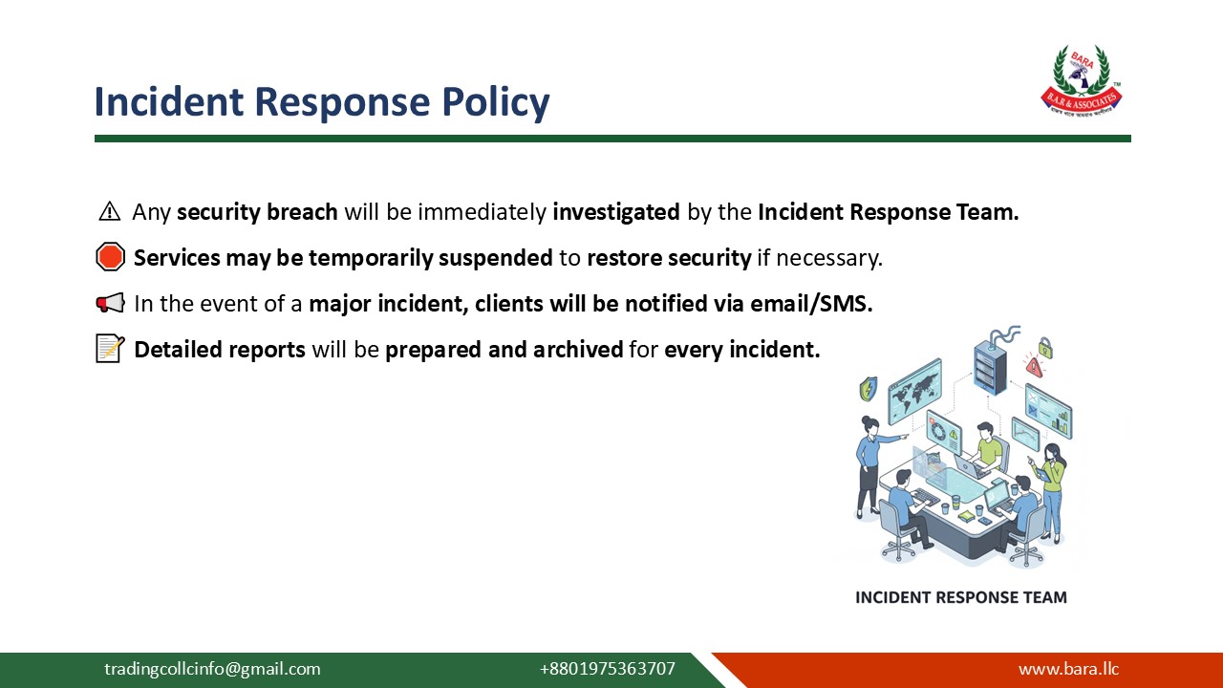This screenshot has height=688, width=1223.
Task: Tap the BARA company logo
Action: [1081, 81]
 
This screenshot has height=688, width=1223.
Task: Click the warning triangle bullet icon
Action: [110, 212]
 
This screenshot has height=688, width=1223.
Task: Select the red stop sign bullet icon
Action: [111, 257]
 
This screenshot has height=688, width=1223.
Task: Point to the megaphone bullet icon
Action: [111, 304]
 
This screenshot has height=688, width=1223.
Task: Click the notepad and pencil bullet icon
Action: [111, 349]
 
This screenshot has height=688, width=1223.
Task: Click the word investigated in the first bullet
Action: [616, 212]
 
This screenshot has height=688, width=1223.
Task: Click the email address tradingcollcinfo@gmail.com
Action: [212, 669]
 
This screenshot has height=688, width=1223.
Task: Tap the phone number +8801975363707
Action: [607, 669]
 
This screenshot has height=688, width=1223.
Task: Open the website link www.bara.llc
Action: [1068, 669]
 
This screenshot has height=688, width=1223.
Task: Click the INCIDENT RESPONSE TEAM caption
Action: [960, 597]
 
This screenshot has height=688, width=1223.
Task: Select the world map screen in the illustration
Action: [914, 390]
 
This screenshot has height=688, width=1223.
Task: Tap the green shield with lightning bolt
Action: [868, 389]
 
